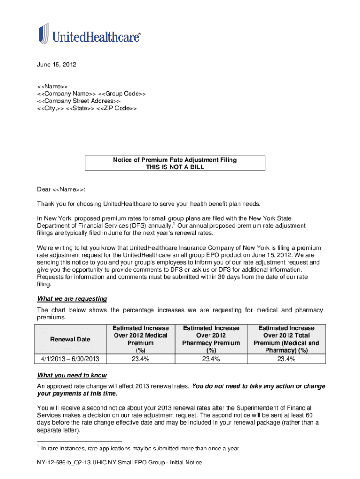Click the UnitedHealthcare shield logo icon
43,34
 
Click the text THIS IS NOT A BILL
175,167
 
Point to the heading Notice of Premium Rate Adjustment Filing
175,160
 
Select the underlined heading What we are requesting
72,298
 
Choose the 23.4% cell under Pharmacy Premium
211,359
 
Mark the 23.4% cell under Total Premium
286,359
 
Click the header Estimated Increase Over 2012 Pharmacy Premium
211,339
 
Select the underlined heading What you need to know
72,375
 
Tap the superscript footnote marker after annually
174,224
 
